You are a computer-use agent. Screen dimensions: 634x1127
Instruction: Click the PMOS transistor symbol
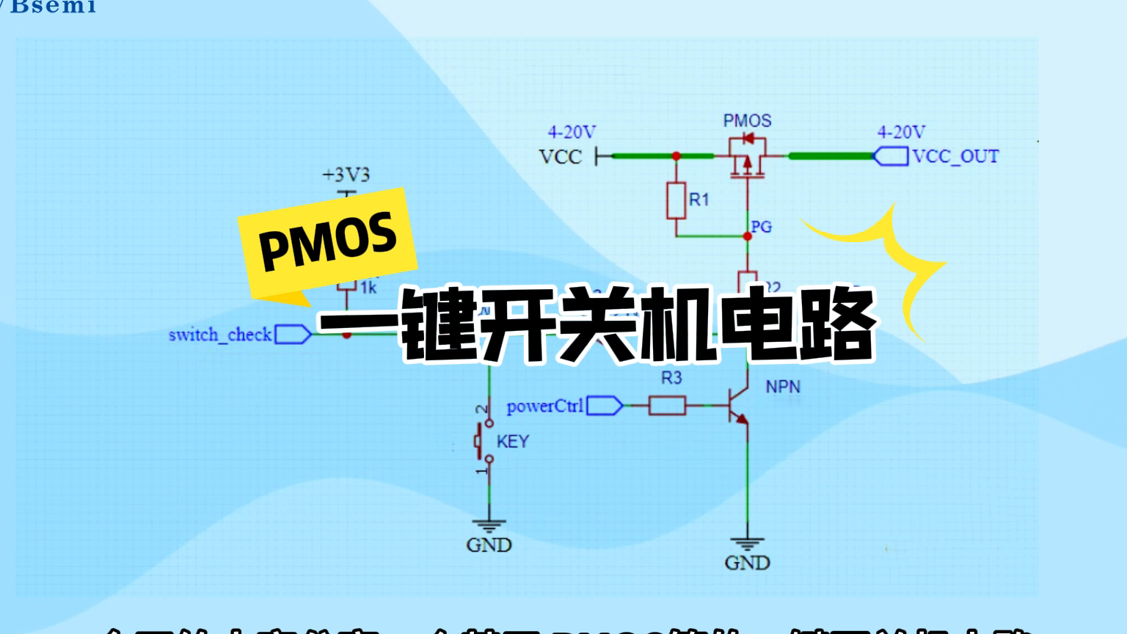pos(747,156)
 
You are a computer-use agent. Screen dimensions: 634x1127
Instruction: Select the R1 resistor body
pos(676,200)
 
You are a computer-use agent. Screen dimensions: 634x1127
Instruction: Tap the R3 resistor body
pos(667,405)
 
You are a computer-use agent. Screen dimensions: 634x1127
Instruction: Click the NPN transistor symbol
pos(737,407)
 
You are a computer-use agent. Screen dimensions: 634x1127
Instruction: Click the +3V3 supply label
pos(346,175)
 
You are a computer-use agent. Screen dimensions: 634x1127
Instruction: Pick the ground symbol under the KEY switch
pos(489,527)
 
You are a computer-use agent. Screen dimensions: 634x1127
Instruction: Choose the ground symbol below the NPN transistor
pos(747,544)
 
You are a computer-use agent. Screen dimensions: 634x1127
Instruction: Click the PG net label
pos(762,227)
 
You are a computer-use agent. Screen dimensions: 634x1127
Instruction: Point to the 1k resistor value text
pos(368,288)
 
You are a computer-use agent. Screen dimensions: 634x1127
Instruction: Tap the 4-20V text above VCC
pos(572,132)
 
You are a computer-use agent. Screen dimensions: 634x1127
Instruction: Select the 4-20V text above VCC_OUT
pos(901,132)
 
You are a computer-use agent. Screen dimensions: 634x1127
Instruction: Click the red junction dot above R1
pos(676,156)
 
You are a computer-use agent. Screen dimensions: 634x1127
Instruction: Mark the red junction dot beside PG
pos(747,236)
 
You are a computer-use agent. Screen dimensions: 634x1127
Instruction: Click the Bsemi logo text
pos(53,7)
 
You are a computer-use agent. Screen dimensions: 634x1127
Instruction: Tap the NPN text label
pos(782,387)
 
